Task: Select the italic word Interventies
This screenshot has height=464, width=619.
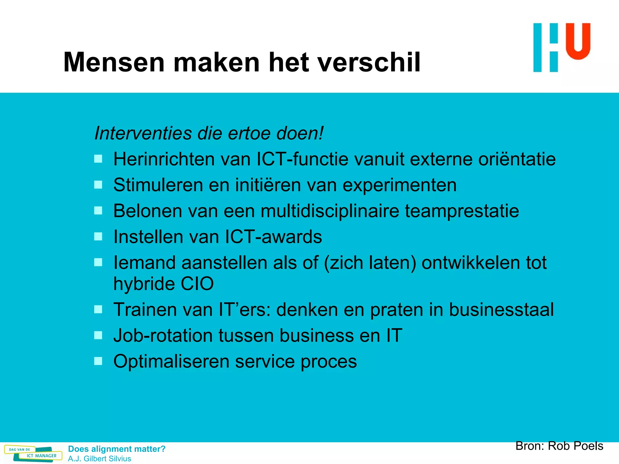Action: click(x=143, y=133)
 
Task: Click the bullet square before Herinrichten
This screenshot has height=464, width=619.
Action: click(x=98, y=159)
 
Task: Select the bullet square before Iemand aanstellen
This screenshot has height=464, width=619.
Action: click(x=98, y=262)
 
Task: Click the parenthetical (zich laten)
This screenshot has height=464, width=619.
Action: click(x=370, y=263)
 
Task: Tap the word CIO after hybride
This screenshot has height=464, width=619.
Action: click(x=197, y=284)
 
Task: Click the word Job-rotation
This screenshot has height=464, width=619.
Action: click(x=163, y=336)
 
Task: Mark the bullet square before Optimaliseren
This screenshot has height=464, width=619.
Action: click(x=98, y=361)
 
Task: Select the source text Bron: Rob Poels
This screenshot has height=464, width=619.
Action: click(x=559, y=446)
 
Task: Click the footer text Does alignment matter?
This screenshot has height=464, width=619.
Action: click(x=117, y=449)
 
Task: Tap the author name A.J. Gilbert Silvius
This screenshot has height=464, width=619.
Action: click(x=99, y=459)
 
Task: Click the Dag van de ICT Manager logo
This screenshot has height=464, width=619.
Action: click(x=33, y=453)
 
